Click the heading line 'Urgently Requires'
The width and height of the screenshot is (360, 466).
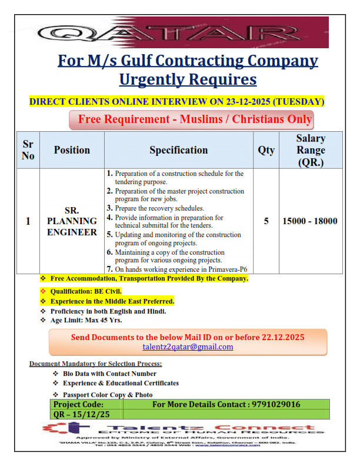tap(188, 79)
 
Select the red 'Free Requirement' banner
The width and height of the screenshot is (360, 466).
tap(191, 119)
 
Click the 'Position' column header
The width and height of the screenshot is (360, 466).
tap(72, 150)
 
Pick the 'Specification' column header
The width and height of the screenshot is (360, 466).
tap(178, 150)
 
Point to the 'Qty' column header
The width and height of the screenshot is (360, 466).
tap(266, 150)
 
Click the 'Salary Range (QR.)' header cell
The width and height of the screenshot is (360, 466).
tap(310, 150)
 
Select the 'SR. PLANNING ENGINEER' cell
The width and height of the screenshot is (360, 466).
tap(72, 221)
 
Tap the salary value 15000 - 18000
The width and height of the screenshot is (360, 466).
tap(310, 221)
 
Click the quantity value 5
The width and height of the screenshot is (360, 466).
tap(266, 221)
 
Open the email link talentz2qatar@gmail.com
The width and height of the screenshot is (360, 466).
tap(188, 347)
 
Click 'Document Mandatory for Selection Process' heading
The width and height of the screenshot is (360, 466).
tap(95, 364)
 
